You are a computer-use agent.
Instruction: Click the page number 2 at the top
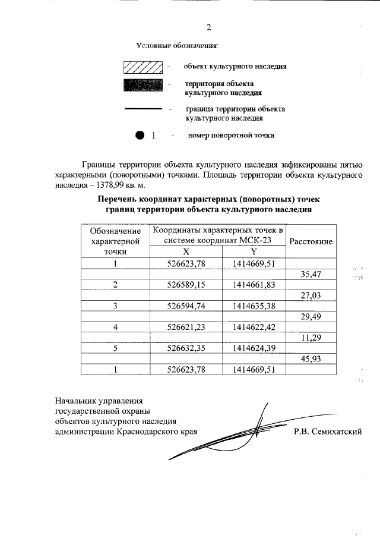pyautogui.click(x=208, y=27)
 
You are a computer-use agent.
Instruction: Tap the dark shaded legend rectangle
pyautogui.click(x=142, y=84)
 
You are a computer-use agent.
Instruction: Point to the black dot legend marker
pyautogui.click(x=140, y=135)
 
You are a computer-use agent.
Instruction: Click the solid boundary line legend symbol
pyautogui.click(x=142, y=109)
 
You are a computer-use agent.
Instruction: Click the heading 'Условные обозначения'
pyautogui.click(x=177, y=46)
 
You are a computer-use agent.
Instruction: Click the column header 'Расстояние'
pyautogui.click(x=311, y=241)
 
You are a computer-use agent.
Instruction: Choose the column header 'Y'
pyautogui.click(x=254, y=251)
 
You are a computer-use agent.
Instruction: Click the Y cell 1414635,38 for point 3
pyautogui.click(x=254, y=306)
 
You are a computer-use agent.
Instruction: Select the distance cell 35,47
pyautogui.click(x=311, y=274)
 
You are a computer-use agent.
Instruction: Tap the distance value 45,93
pyautogui.click(x=311, y=358)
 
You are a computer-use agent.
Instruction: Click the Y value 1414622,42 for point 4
pyautogui.click(x=254, y=327)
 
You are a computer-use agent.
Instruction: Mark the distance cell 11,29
pyautogui.click(x=311, y=338)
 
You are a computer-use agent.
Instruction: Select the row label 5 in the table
pyautogui.click(x=115, y=348)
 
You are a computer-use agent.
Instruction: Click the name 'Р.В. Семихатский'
pyautogui.click(x=327, y=432)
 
